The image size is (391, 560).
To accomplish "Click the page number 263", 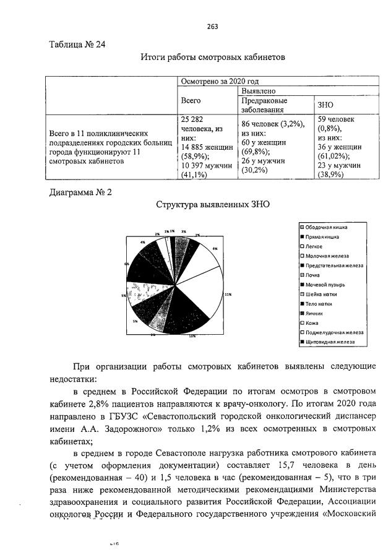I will pyautogui.click(x=212, y=27).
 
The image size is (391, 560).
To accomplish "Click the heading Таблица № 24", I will pyautogui.click(x=75, y=44).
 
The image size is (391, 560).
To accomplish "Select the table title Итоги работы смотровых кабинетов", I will pyautogui.click(x=212, y=58).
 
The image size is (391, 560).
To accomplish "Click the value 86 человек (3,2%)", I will pyautogui.click(x=272, y=124).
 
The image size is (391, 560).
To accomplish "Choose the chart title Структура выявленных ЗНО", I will pyautogui.click(x=212, y=204).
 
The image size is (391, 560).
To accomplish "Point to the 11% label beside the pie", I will pyautogui.click(x=228, y=295).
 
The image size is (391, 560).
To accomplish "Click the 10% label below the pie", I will pyautogui.click(x=192, y=336).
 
